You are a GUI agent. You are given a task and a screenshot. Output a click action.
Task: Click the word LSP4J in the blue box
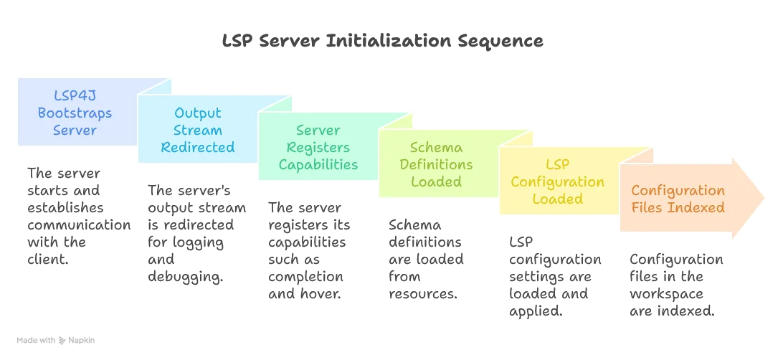[75, 95]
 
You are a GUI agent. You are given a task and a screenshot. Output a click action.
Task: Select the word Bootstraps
[75, 113]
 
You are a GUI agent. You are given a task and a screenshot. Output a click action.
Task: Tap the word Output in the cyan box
[198, 113]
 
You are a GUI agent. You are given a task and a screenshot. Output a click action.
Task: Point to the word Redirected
[198, 148]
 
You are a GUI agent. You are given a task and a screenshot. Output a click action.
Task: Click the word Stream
[198, 131]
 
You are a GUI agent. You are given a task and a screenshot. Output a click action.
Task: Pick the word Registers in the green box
[318, 148]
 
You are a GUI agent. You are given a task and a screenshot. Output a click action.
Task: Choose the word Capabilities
[318, 165]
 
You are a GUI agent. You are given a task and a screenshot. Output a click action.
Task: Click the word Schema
[436, 148]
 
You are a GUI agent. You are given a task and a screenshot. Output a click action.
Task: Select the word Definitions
[436, 165]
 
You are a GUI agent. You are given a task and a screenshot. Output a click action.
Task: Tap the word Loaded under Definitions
[436, 182]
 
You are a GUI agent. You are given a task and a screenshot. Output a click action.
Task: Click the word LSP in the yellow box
[557, 165]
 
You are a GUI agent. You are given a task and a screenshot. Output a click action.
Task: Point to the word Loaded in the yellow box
[557, 199]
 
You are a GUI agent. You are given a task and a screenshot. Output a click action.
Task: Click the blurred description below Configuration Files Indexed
[672, 285]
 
